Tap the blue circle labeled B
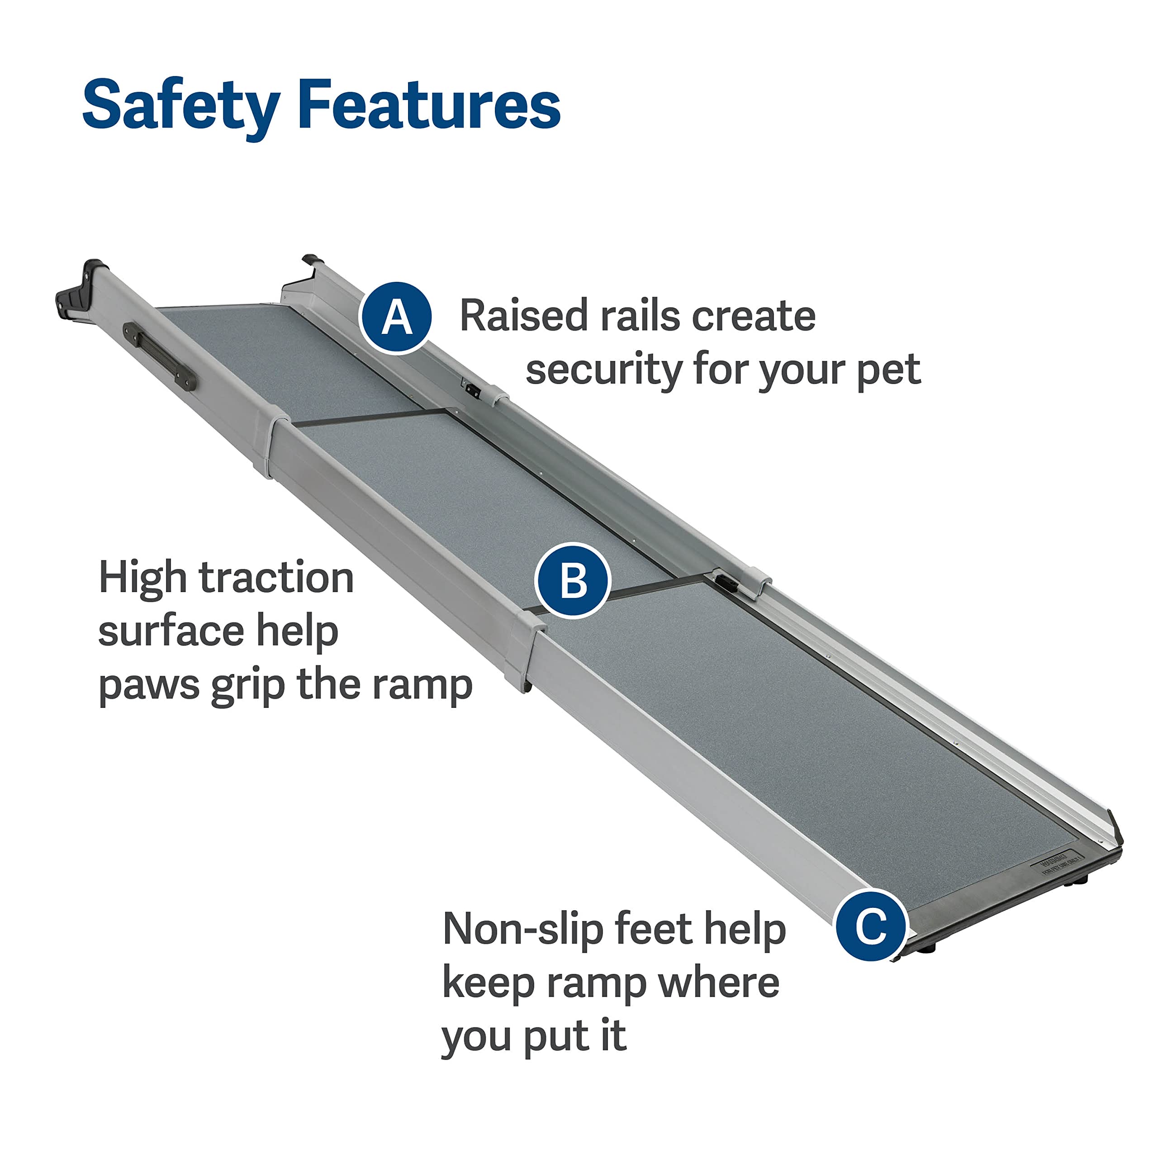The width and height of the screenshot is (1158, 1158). (572, 580)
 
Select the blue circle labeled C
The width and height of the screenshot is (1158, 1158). (871, 925)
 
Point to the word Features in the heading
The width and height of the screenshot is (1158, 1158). (429, 105)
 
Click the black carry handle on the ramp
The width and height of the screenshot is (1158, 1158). (159, 356)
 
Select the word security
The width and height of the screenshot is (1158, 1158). (603, 370)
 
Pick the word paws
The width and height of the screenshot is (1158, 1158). (148, 684)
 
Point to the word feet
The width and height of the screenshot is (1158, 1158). (655, 929)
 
